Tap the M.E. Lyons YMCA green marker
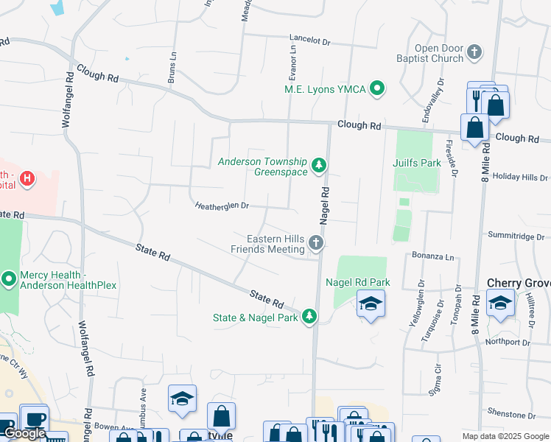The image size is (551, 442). coord(378,89)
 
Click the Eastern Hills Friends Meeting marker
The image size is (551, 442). coord(316,243)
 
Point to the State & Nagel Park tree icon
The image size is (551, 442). coord(310,317)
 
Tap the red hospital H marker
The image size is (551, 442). coord(27,178)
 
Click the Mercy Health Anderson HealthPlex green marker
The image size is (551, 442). coord(9,279)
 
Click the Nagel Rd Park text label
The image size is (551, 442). coord(357,283)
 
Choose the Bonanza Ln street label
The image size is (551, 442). coord(433,257)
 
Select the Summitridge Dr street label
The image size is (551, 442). coord(516,236)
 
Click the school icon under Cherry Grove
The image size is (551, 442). coord(500,303)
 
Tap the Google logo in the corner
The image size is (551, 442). coord(24,433)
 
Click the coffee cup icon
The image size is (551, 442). coord(34,419)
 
